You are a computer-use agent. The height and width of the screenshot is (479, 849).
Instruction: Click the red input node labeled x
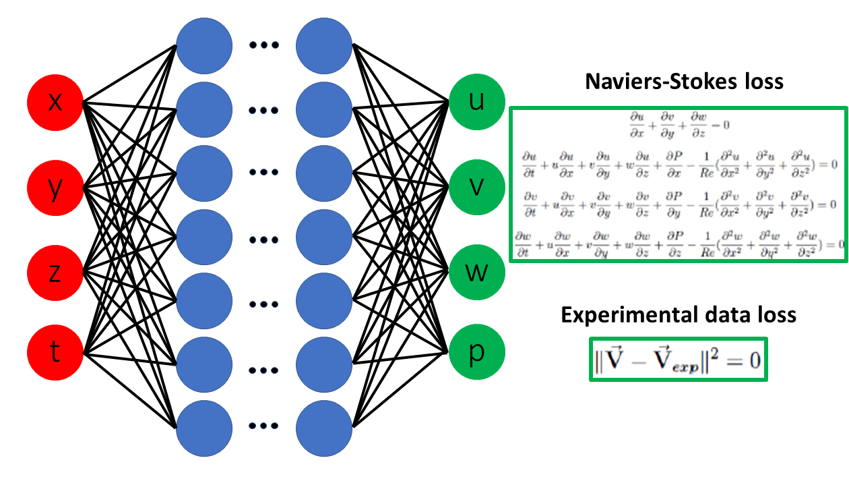point(55,103)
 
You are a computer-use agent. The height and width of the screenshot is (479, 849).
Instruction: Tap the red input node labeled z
point(55,273)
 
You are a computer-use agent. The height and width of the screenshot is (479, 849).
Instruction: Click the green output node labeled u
point(476,103)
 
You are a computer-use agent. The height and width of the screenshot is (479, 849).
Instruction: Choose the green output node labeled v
point(476,187)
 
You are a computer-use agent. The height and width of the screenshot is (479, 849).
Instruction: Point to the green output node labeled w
point(476,273)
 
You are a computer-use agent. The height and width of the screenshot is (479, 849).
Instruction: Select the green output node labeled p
point(476,352)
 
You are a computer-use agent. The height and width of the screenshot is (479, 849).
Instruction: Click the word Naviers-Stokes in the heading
point(646,82)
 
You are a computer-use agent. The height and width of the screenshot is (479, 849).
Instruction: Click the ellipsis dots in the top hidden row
point(264,46)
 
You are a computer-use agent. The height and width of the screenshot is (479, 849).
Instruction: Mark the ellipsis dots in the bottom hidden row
point(264,426)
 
